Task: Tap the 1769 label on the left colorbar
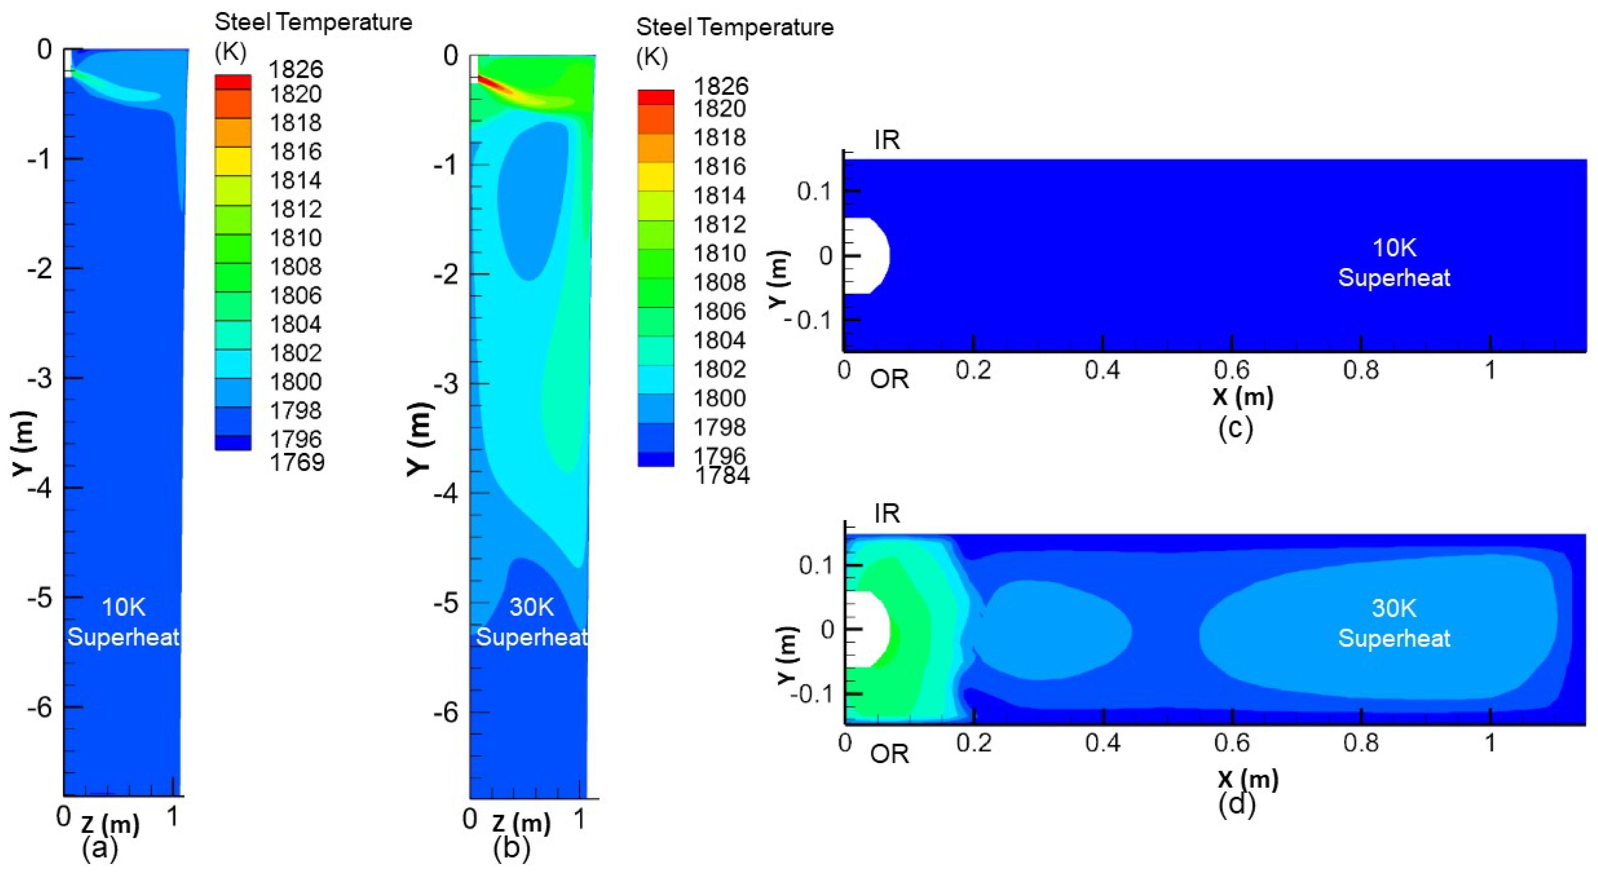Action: click(x=297, y=462)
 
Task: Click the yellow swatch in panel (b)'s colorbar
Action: click(x=656, y=177)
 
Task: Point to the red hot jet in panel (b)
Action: click(x=490, y=83)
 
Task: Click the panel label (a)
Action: click(x=99, y=848)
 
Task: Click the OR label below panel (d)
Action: click(x=889, y=754)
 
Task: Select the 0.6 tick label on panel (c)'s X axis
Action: click(x=1231, y=370)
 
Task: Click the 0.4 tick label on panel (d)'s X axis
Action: click(x=1102, y=742)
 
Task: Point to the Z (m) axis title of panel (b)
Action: click(x=521, y=823)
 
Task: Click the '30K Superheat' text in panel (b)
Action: click(x=532, y=622)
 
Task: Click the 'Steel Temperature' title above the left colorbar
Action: click(x=314, y=22)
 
